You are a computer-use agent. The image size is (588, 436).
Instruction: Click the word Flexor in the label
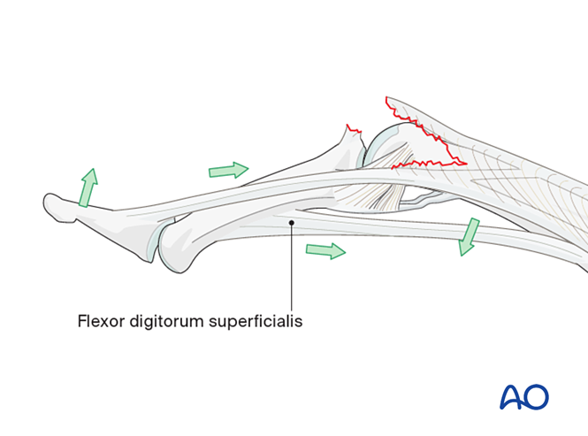pyautogui.click(x=99, y=322)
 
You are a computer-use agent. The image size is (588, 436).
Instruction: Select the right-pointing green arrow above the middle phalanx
pyautogui.click(x=229, y=169)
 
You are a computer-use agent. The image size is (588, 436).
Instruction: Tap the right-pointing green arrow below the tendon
pyautogui.click(x=325, y=251)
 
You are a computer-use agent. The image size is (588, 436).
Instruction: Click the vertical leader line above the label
pyautogui.click(x=292, y=265)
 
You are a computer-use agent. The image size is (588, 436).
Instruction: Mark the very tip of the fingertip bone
pyautogui.click(x=45, y=204)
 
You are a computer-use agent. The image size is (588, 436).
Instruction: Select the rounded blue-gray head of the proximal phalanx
pyautogui.click(x=382, y=145)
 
